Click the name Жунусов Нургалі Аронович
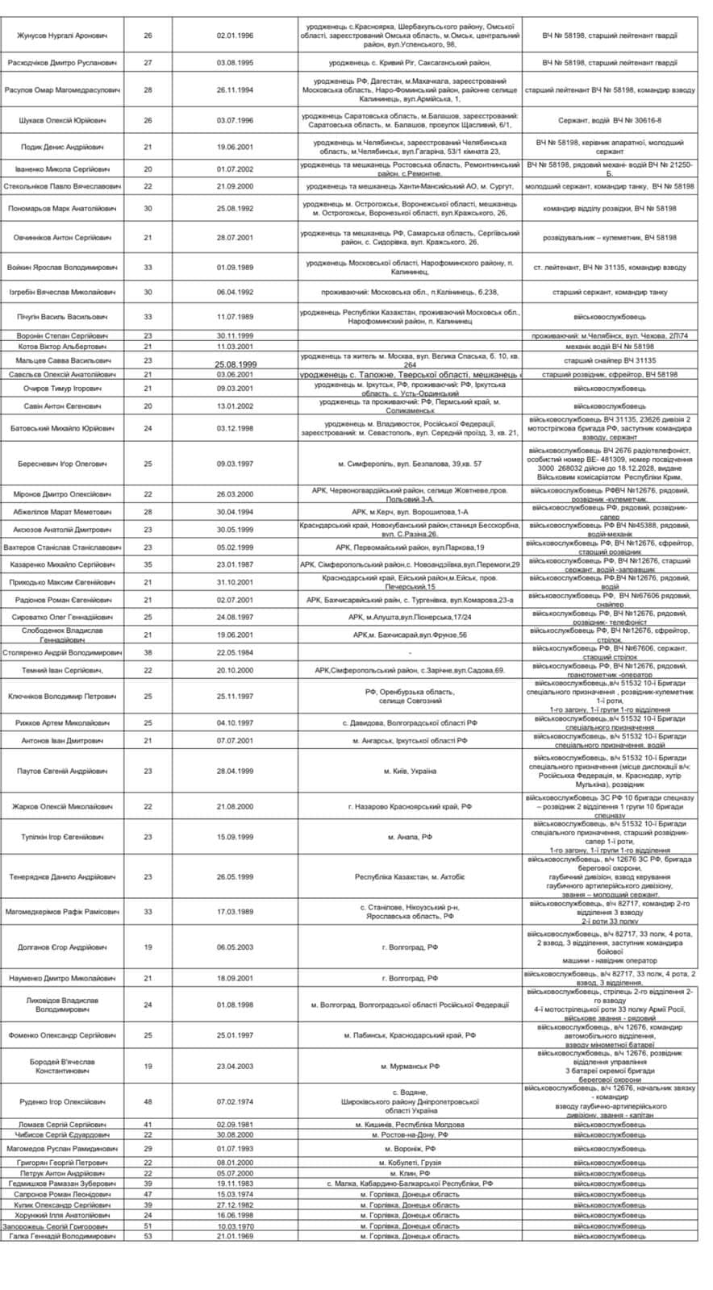(x=63, y=35)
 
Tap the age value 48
(x=148, y=1101)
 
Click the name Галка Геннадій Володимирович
(x=63, y=1236)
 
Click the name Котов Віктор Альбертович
(x=63, y=346)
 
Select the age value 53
(x=148, y=1236)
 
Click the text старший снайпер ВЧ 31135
(x=610, y=360)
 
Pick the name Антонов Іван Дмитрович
(x=63, y=740)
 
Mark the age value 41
(x=148, y=1125)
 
